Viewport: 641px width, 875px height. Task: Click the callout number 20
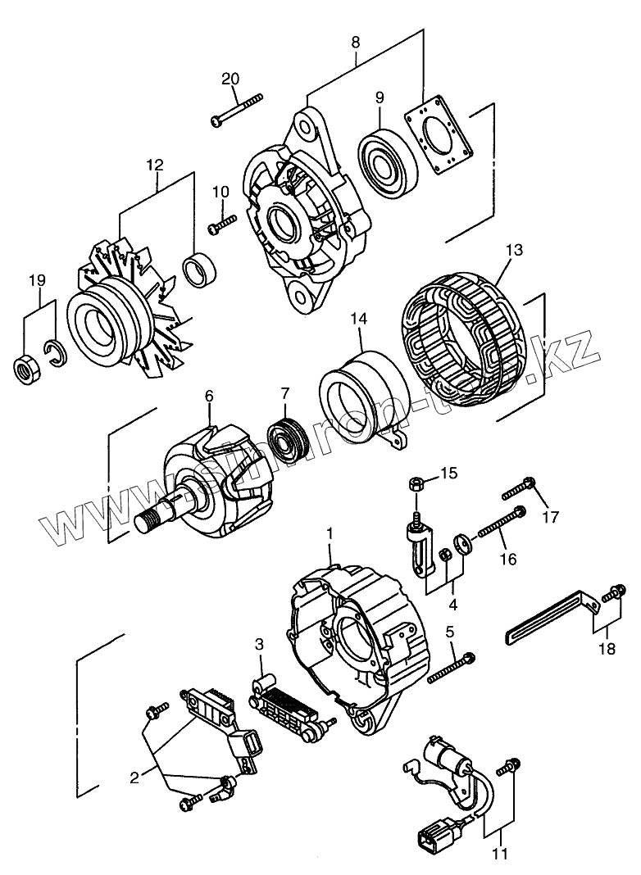230,79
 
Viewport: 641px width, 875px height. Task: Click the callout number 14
358,318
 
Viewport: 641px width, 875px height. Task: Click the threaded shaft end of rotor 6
152,519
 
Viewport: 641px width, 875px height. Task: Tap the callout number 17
549,516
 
